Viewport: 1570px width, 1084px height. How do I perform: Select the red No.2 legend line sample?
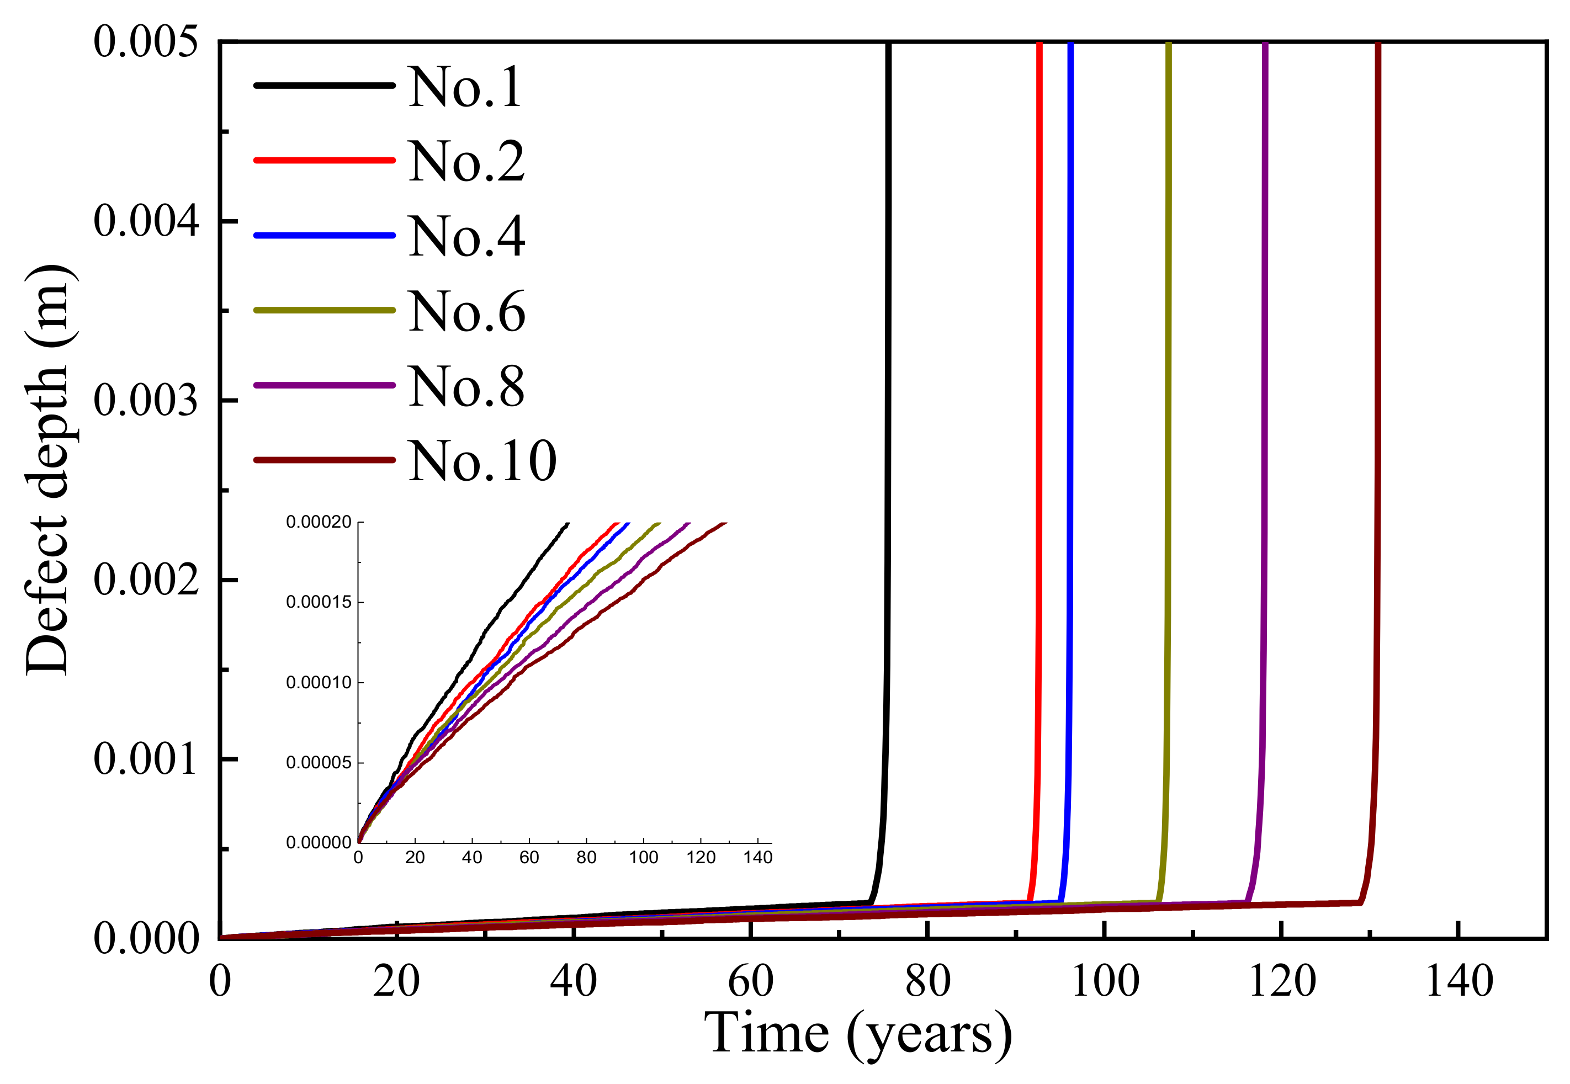click(324, 160)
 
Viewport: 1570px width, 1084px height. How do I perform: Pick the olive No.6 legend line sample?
click(324, 310)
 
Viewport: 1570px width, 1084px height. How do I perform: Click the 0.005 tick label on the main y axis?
click(146, 41)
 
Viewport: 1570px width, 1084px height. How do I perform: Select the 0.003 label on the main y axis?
click(146, 400)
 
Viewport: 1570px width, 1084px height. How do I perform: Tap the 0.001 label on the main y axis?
click(146, 759)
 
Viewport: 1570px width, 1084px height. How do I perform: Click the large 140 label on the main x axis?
click(1458, 981)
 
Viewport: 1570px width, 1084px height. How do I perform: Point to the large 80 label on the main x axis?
click(927, 981)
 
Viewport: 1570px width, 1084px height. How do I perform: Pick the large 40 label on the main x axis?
click(574, 981)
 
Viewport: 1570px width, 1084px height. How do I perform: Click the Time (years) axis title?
click(857, 1035)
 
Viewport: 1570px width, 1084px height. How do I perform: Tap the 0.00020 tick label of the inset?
click(319, 522)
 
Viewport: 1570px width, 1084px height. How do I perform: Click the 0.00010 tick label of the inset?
click(319, 682)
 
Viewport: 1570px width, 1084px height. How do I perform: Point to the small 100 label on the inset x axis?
click(643, 857)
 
